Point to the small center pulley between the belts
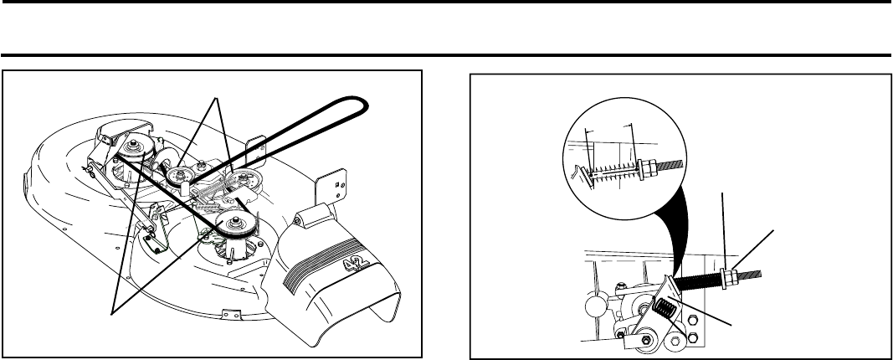point(178,176)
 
